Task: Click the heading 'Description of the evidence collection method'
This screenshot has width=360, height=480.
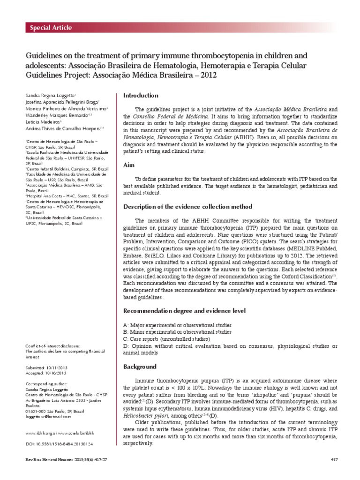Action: (187, 207)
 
